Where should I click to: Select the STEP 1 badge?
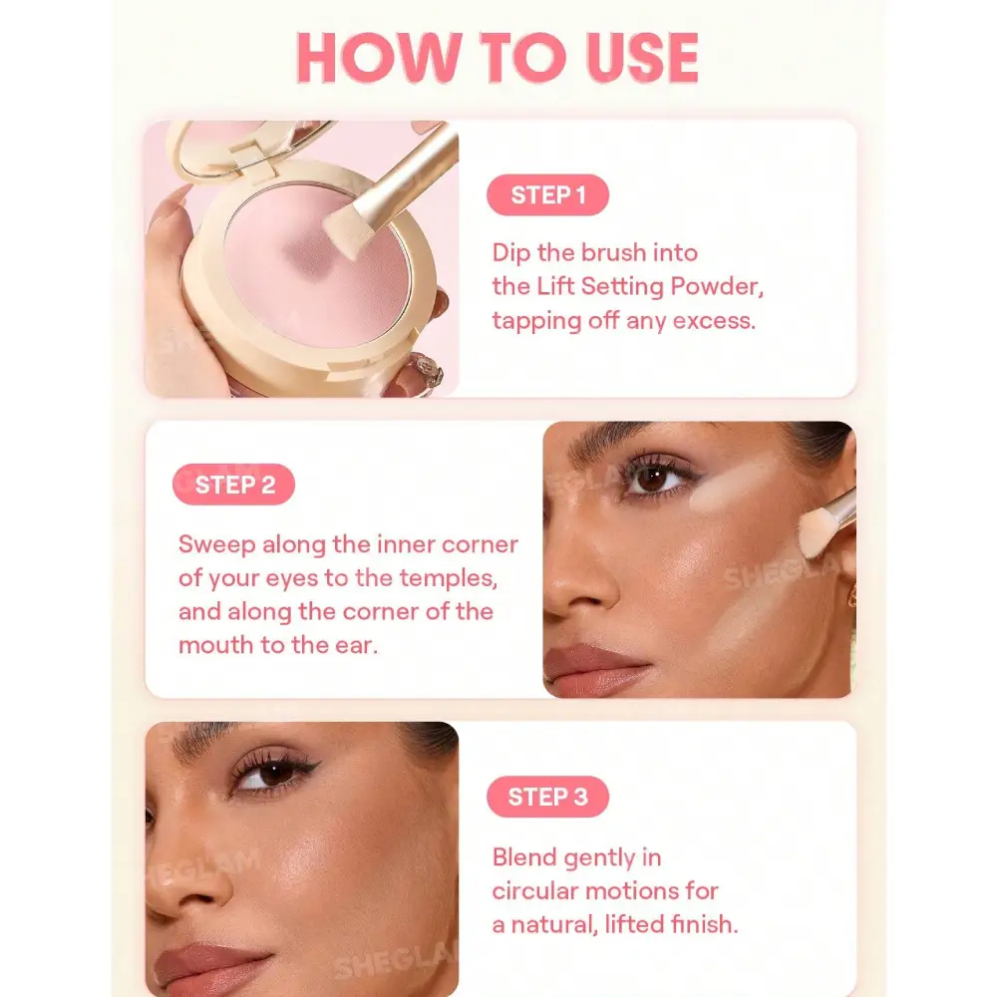coord(547,194)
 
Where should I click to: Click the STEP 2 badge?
coord(233,485)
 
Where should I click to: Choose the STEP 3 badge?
coord(547,796)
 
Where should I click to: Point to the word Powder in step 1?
coord(717,286)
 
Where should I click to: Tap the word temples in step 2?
coord(449,578)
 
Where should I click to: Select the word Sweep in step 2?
coord(216,545)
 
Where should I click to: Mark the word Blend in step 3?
coord(524,857)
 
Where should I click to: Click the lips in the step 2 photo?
coord(594,669)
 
